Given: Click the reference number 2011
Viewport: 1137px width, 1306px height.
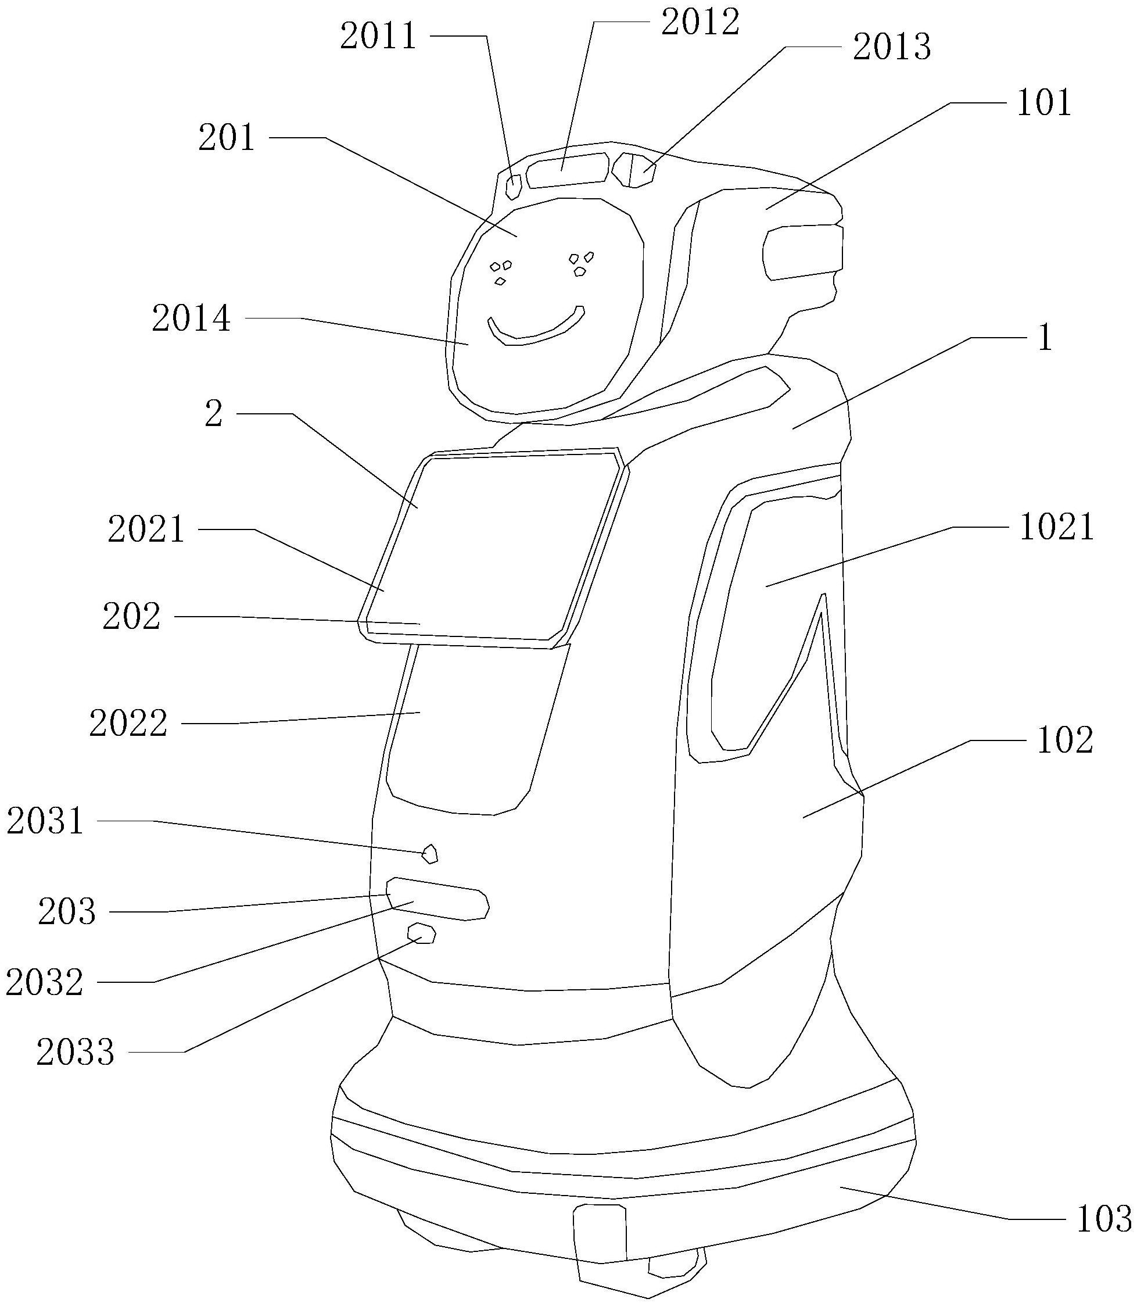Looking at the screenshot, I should point(378,36).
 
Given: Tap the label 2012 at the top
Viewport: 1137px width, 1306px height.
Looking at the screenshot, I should point(700,23).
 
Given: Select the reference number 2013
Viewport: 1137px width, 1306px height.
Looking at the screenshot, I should point(891,48).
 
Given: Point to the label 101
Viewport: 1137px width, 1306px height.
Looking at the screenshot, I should point(1043,103).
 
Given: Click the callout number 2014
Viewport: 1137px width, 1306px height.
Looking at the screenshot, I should point(191,319).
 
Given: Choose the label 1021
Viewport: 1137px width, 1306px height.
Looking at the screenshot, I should point(1056,527).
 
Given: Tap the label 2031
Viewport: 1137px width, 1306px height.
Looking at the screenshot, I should point(45,821).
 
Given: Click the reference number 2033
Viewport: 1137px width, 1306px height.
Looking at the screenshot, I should point(76,1052).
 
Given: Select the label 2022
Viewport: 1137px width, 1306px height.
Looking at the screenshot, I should point(128,724).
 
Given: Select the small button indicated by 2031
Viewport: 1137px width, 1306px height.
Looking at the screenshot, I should point(430,854).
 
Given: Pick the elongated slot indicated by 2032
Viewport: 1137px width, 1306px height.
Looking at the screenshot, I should point(438,899).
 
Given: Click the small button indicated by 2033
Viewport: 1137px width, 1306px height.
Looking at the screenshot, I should point(421,933).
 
